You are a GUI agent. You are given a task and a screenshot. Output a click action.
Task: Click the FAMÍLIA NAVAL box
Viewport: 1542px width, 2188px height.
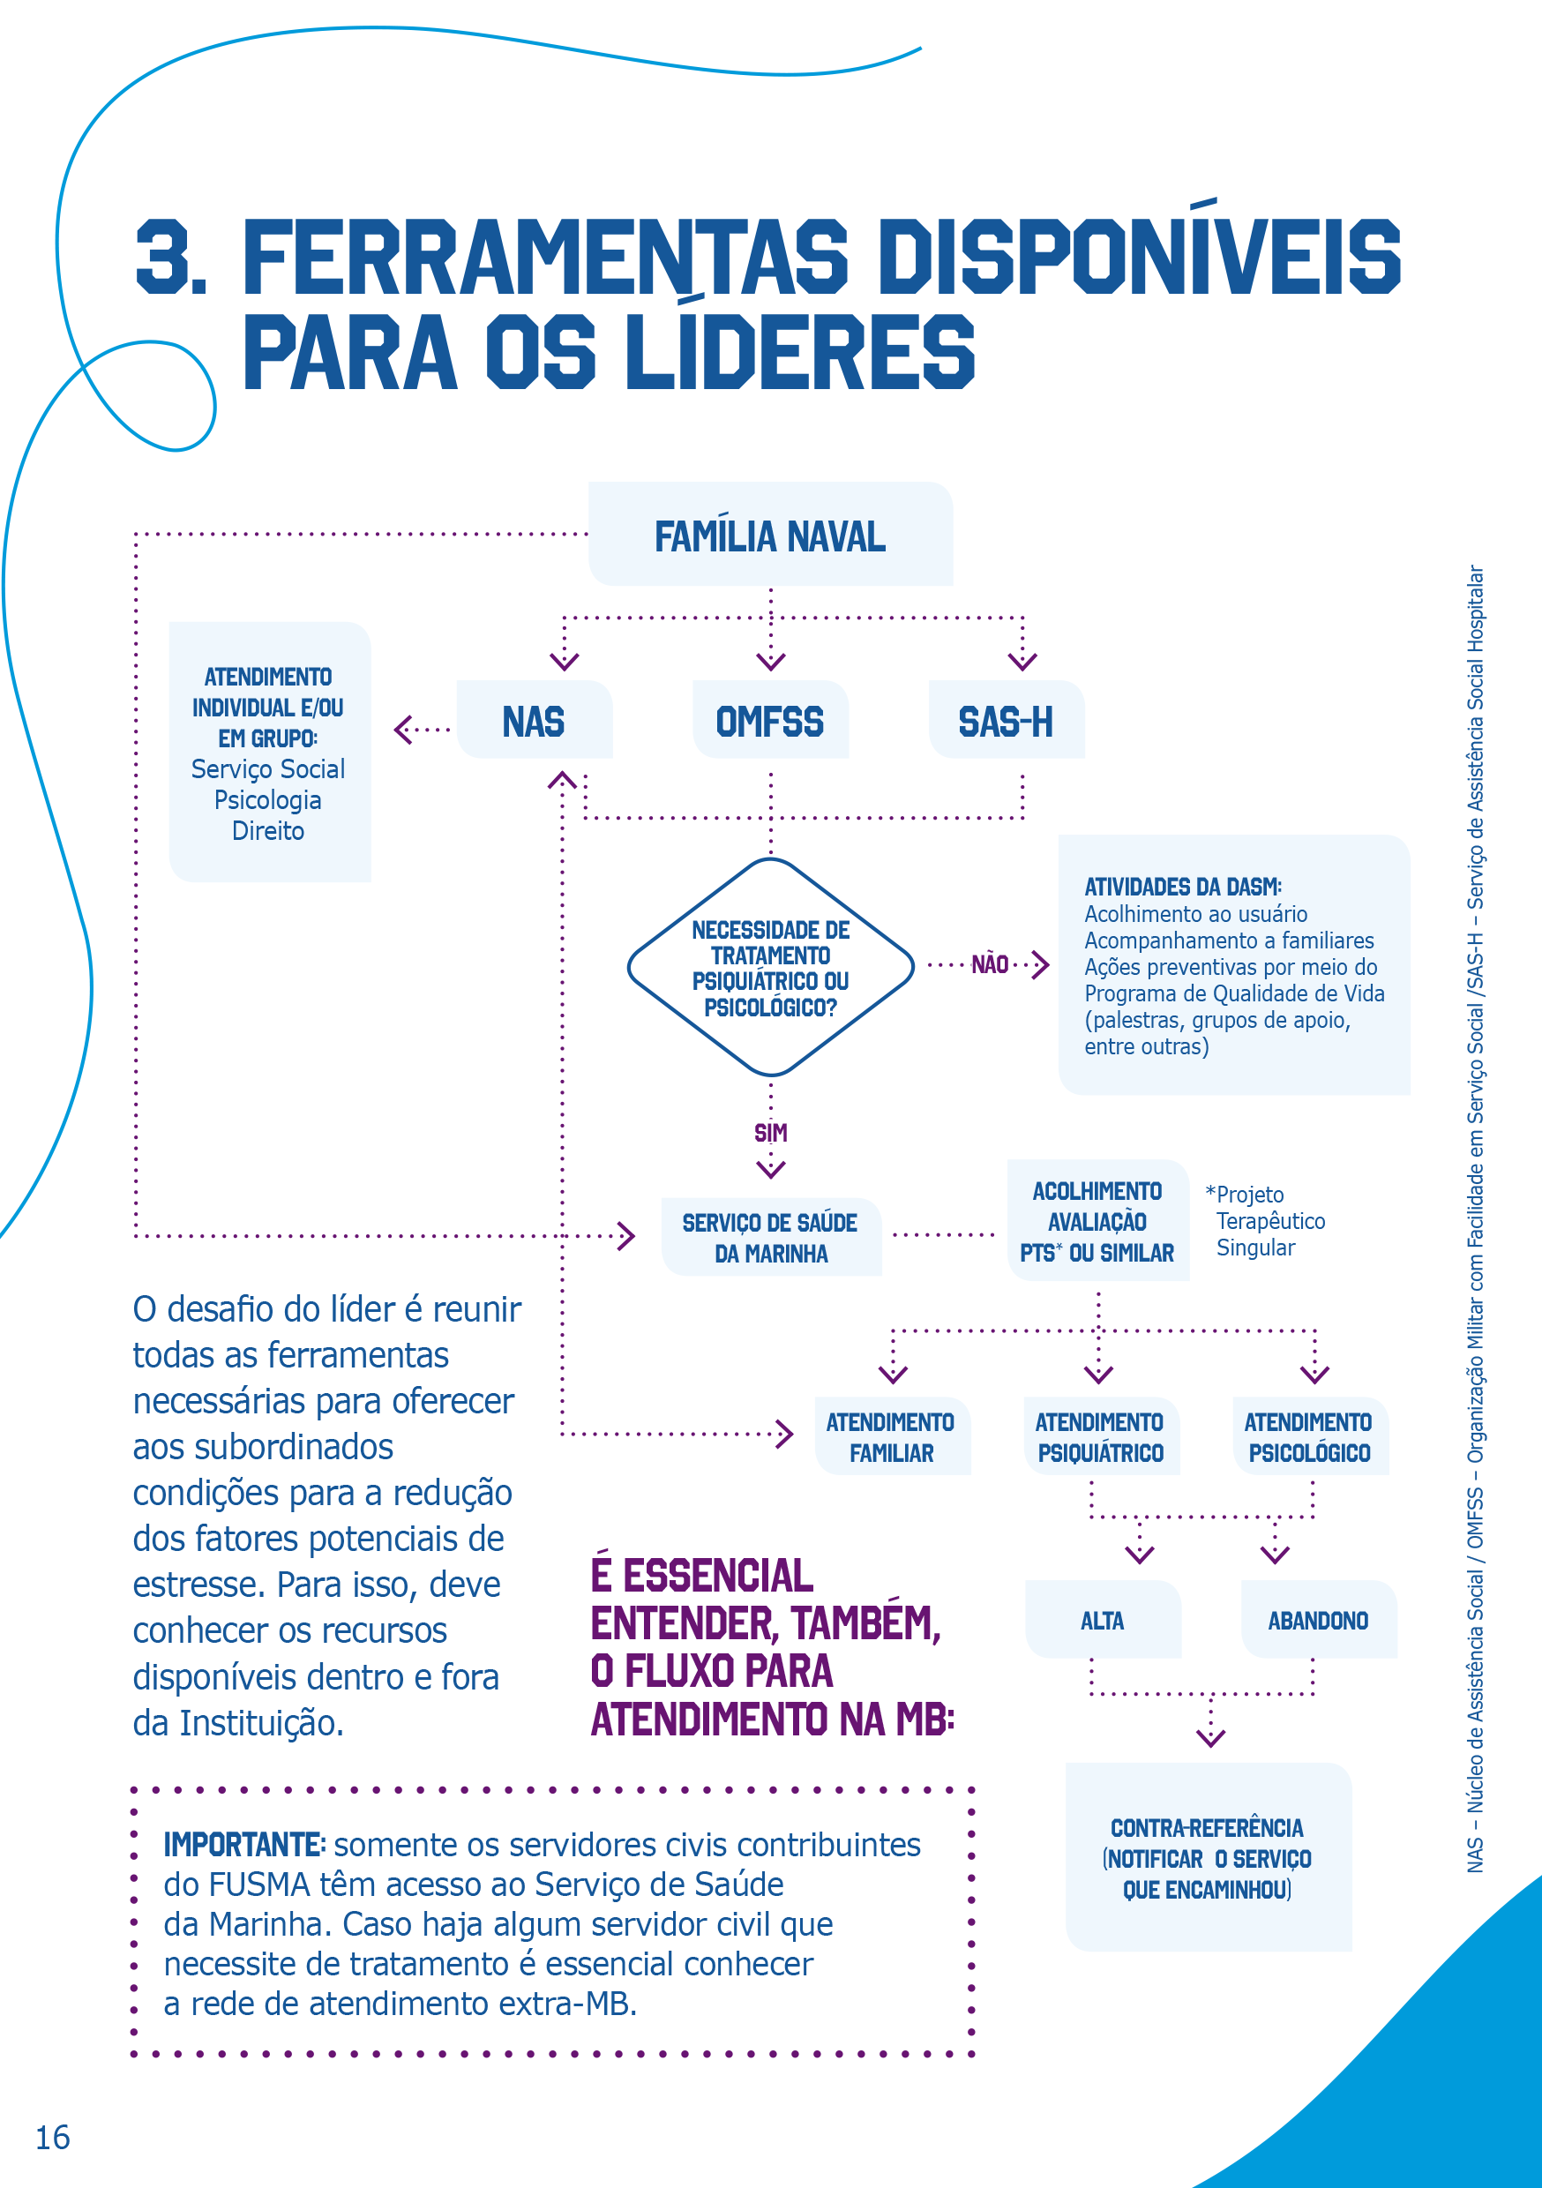point(770,536)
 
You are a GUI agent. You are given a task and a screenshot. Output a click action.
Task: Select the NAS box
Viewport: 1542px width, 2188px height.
point(534,722)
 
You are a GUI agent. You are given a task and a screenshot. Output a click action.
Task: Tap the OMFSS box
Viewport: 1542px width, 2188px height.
point(770,722)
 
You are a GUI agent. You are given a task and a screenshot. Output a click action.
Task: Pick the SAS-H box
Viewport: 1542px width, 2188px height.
point(1006,722)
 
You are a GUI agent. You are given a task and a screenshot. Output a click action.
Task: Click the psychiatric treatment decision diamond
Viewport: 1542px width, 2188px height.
point(770,967)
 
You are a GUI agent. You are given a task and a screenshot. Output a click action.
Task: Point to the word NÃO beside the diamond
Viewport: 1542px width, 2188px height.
point(990,965)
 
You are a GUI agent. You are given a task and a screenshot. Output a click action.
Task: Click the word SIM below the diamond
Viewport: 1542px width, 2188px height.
point(770,1133)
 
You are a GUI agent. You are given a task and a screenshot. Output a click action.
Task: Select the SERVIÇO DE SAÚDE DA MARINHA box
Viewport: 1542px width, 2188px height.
point(771,1238)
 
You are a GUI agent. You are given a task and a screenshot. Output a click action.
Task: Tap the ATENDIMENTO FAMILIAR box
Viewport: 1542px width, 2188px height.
point(891,1437)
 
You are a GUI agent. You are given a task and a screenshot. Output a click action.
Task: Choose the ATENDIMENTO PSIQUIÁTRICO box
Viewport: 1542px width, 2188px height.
point(1100,1437)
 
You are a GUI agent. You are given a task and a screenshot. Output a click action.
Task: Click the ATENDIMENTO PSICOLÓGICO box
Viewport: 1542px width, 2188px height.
point(1309,1437)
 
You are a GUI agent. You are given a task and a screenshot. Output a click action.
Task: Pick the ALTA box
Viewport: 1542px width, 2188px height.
point(1103,1620)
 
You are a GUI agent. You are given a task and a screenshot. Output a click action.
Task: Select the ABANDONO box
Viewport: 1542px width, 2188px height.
point(1318,1620)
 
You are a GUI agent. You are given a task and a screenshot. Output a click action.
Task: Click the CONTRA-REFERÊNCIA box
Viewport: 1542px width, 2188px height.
point(1208,1858)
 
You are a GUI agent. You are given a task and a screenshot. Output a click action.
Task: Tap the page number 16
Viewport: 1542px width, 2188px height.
point(52,2138)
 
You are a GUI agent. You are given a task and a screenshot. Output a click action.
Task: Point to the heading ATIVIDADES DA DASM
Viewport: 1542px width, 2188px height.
point(1183,888)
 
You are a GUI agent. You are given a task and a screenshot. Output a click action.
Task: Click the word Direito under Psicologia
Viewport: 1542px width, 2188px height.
point(268,831)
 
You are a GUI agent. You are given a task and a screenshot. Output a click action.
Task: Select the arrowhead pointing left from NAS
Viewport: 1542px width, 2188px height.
point(403,730)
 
